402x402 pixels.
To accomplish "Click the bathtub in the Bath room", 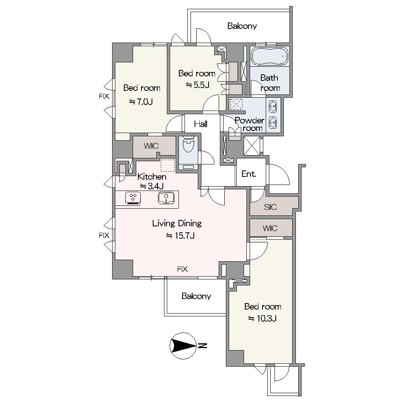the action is coord(269,56).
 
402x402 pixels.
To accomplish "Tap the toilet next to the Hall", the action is coord(189,145).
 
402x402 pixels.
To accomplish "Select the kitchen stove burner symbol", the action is coord(133,198).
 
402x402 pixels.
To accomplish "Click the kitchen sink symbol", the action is coord(166,198).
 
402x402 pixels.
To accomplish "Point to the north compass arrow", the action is coord(183,346).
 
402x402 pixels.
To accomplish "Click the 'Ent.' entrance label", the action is coord(249,174).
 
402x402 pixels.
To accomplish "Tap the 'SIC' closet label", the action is coord(270,207).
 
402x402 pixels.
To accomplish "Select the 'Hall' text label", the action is coord(201,124).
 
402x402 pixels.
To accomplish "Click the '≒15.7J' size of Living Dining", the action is coord(180,235).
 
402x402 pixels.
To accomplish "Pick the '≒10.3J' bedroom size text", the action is coord(262,318).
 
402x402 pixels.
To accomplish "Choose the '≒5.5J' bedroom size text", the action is coord(197,85).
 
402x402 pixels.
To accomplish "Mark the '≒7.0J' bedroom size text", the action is coord(141,102).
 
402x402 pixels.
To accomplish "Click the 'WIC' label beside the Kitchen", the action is coord(151,146).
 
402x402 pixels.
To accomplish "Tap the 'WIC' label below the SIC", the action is coord(270,228).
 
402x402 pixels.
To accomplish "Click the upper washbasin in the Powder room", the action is coord(273,106).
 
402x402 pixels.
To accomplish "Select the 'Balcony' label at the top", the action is coord(242,26).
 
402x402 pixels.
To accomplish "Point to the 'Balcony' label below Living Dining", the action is coord(196,296).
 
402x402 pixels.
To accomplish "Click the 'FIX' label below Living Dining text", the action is coord(182,269).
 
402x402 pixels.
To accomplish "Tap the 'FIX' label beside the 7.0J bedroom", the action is coord(104,96).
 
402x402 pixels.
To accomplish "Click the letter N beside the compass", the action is coord(203,346).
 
